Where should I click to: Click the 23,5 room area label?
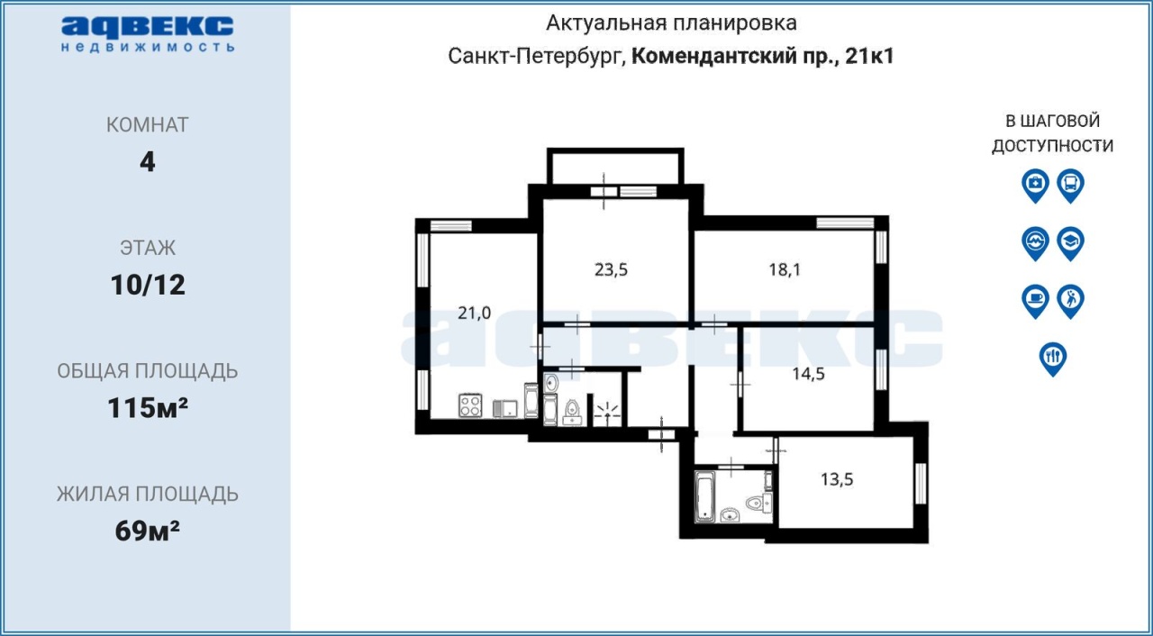(611, 269)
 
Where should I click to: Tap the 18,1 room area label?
(785, 269)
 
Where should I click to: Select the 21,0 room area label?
(474, 313)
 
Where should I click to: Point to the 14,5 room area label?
(808, 374)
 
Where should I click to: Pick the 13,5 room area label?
(837, 479)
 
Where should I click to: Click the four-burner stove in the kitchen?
(470, 405)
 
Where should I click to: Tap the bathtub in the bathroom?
(704, 496)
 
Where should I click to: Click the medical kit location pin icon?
(1035, 186)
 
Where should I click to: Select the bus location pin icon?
(1071, 186)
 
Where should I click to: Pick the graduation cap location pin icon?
(1071, 243)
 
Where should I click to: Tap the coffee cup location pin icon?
(1035, 301)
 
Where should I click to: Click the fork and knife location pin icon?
(1053, 359)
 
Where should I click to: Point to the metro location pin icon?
(1035, 243)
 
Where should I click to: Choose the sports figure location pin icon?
(1071, 301)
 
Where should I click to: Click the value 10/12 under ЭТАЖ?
(148, 285)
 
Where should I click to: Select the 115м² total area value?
(148, 408)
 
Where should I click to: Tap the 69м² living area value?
(148, 531)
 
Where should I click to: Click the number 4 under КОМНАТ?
(147, 162)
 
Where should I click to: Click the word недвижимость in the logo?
(149, 48)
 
